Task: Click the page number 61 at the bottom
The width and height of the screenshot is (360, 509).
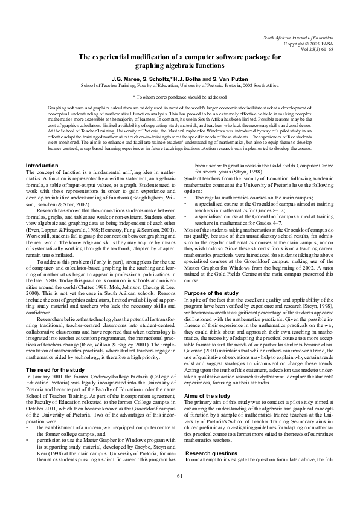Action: (x=180, y=493)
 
